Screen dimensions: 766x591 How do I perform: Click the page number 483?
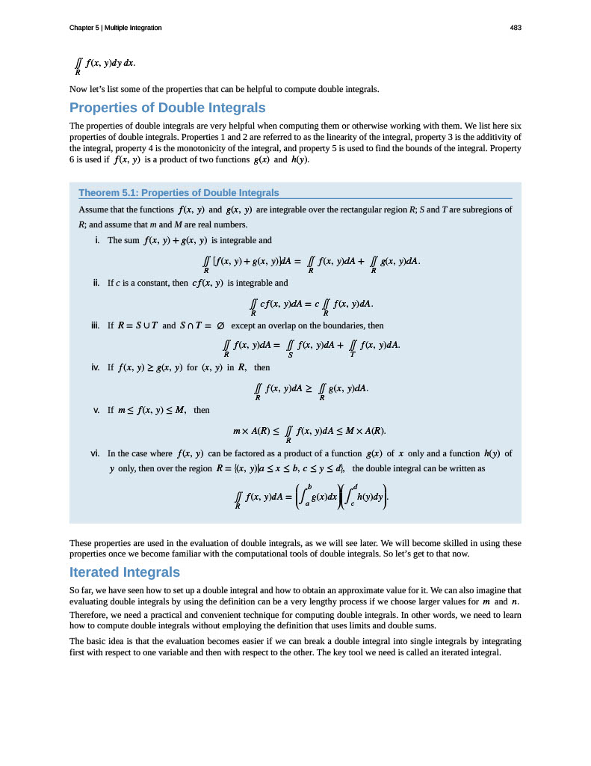[515, 28]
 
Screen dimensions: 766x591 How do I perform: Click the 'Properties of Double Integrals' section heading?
[167, 108]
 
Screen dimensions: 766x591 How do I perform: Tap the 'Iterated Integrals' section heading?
[124, 572]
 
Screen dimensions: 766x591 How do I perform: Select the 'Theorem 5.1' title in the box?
[179, 193]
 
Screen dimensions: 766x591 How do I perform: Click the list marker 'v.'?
[97, 410]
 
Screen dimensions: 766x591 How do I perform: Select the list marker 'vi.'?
[96, 453]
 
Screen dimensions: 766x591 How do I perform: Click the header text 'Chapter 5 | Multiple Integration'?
[115, 28]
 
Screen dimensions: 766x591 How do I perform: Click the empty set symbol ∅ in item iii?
[221, 326]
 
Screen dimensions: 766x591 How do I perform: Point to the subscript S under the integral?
[290, 354]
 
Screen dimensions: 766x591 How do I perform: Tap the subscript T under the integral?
[352, 354]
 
